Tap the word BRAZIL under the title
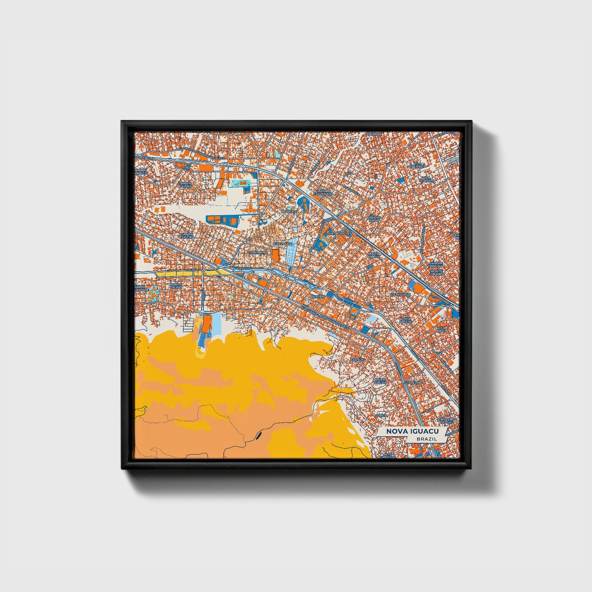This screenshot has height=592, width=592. [x=426, y=439]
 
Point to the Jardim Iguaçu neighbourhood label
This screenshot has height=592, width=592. [x=185, y=184]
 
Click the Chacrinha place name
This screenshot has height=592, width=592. [x=257, y=253]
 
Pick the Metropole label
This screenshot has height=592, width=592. [x=339, y=233]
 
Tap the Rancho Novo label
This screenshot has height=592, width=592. [x=374, y=219]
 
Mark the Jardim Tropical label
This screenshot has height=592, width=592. [x=436, y=264]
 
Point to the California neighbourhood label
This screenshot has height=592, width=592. [x=401, y=295]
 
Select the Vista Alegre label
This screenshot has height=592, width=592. [x=406, y=320]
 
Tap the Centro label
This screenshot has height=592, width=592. [x=318, y=296]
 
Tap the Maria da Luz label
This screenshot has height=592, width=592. [x=374, y=256]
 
